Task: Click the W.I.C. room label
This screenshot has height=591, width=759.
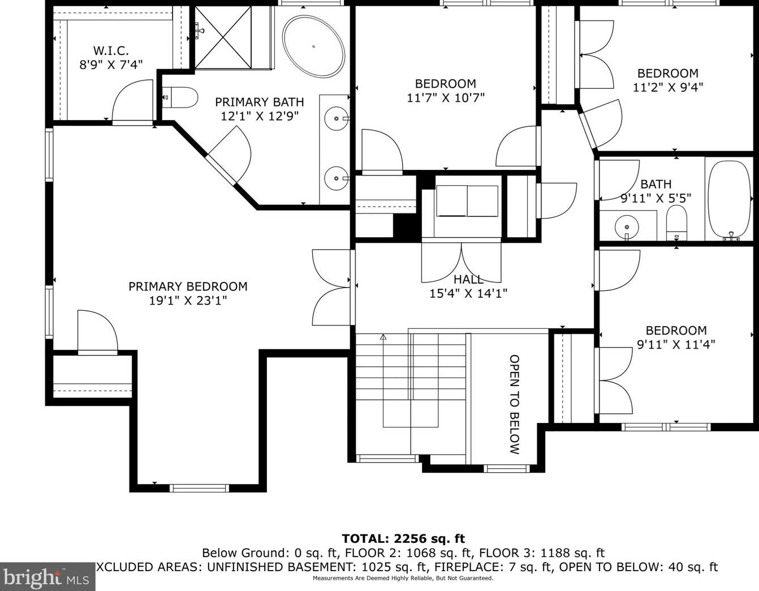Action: tap(111, 51)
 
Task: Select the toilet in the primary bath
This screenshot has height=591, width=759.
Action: tap(180, 97)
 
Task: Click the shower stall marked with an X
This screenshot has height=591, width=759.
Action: tap(223, 37)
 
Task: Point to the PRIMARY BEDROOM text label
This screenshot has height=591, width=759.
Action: tap(188, 286)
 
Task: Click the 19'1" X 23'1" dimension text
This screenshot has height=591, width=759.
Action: tap(188, 301)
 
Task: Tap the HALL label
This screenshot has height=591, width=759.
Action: tap(468, 279)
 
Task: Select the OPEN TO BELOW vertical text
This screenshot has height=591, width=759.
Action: tap(515, 404)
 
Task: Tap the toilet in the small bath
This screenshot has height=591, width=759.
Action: tap(676, 222)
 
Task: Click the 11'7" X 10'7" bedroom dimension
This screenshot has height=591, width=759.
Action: tap(446, 98)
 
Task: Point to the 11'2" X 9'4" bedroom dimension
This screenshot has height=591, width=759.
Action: tap(668, 87)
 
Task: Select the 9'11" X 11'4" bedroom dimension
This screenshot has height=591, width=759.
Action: tap(676, 345)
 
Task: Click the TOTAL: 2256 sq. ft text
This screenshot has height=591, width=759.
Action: tap(403, 538)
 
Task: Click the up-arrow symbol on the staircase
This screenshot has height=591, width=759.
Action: tap(383, 337)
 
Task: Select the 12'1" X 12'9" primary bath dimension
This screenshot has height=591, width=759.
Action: tap(260, 116)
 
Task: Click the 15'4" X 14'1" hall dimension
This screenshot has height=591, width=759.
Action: tap(468, 293)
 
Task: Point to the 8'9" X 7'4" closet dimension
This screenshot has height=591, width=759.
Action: tap(111, 65)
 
